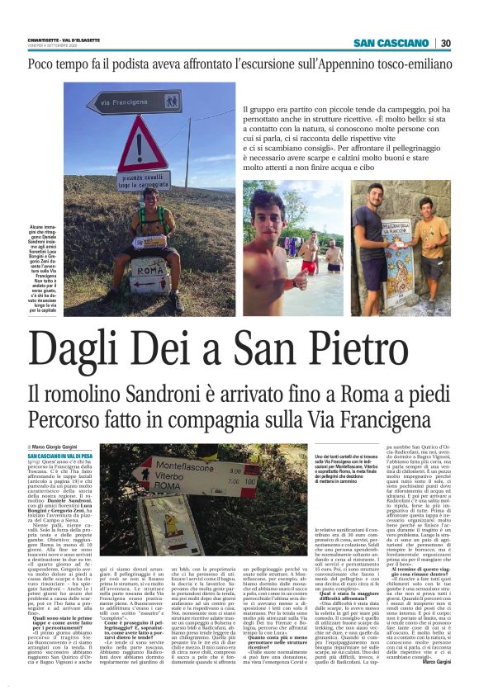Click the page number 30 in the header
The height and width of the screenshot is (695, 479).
pyautogui.click(x=444, y=43)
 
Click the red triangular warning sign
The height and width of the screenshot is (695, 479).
pyautogui.click(x=143, y=149)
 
